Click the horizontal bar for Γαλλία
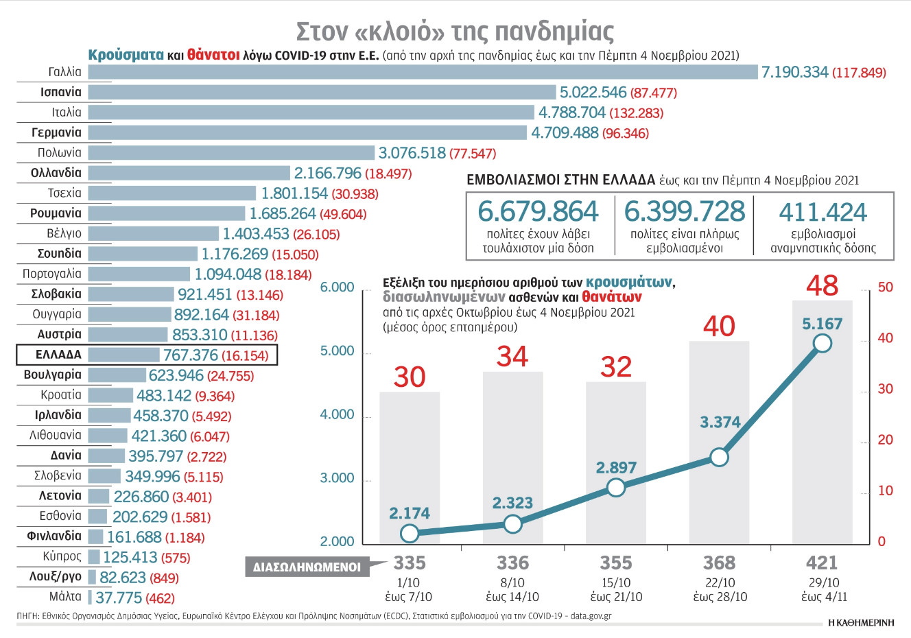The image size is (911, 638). (x=423, y=72)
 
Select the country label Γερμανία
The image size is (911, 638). (x=57, y=132)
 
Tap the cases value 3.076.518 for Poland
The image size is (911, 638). (x=412, y=153)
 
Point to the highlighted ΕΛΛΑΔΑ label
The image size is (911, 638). (x=59, y=355)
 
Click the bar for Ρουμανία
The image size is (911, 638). (x=167, y=213)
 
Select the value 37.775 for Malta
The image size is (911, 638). (x=119, y=598)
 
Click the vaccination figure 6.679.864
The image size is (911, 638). (x=538, y=211)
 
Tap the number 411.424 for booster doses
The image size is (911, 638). (x=823, y=213)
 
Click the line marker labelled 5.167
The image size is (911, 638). (x=822, y=343)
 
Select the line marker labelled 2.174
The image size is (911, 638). (x=410, y=533)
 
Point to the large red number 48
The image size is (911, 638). (x=822, y=285)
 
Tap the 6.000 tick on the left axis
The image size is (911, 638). (x=337, y=287)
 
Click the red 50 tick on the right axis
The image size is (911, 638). (x=886, y=287)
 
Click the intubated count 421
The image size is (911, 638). (x=822, y=563)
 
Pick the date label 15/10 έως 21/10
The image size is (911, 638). (x=616, y=589)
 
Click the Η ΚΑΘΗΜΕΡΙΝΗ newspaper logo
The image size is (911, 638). (x=861, y=623)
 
